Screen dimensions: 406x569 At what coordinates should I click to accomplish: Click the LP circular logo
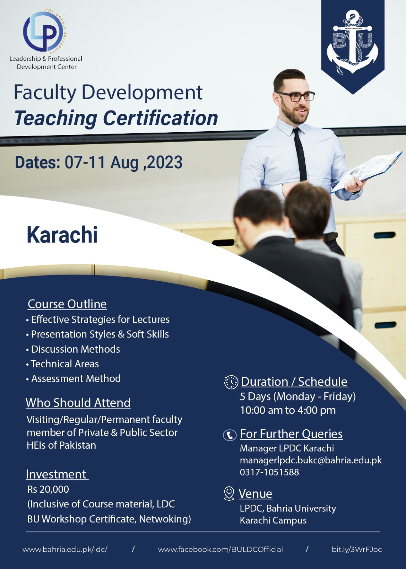click(x=45, y=32)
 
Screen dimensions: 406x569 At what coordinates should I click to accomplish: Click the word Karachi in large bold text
click(x=62, y=235)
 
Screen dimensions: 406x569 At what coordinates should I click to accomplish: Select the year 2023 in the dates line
click(x=165, y=162)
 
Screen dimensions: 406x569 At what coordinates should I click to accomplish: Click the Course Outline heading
click(x=67, y=304)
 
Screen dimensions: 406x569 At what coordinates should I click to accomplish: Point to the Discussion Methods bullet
click(x=73, y=349)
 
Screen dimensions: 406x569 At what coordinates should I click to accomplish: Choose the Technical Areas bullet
click(x=63, y=364)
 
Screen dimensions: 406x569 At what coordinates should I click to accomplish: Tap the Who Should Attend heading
click(x=78, y=403)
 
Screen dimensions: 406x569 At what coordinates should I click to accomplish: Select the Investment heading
click(x=57, y=474)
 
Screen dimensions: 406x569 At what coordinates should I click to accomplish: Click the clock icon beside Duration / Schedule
click(x=231, y=382)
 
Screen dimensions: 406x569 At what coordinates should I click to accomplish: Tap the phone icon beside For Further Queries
click(x=230, y=435)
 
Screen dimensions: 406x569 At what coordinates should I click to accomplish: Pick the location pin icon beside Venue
click(x=229, y=494)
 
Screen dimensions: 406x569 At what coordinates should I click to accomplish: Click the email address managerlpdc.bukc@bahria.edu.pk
click(x=311, y=461)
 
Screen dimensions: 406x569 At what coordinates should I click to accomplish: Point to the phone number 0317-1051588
click(x=269, y=472)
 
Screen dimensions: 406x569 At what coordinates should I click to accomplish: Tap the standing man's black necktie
click(x=300, y=155)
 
